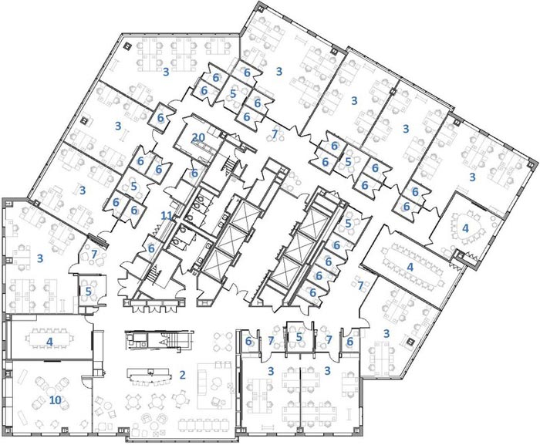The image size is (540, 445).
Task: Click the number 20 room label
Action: tap(198, 138)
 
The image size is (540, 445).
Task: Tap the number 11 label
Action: tap(167, 216)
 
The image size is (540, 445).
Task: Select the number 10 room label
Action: tap(56, 400)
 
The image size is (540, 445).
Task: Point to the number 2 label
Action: tap(183, 375)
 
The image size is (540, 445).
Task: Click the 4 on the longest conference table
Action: tap(410, 267)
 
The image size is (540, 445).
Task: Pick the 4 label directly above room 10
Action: tap(49, 342)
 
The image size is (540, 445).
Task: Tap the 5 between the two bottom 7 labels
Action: tap(299, 337)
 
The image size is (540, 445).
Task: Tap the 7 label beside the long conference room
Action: tap(360, 285)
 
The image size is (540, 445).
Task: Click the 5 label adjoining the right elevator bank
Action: tap(348, 223)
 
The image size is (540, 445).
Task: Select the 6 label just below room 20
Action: tap(194, 173)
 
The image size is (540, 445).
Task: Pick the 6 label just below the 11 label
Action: tap(151, 248)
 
